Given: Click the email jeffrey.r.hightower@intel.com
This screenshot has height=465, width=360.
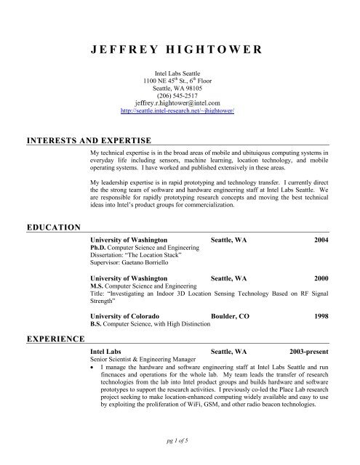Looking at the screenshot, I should point(180,105).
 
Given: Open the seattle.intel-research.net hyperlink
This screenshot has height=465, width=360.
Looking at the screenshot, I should point(180,113).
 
